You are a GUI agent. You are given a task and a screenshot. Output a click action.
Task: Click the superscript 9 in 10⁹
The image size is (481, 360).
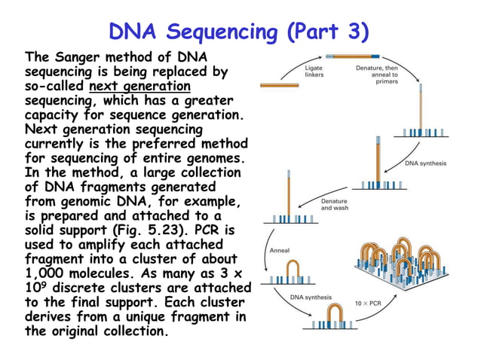[x=44, y=284]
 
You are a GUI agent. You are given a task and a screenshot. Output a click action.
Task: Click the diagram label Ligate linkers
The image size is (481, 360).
[x=314, y=72]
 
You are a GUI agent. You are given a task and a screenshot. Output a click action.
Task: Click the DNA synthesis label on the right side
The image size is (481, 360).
[x=426, y=163]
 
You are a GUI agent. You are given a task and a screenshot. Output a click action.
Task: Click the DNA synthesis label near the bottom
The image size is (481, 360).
[x=311, y=297]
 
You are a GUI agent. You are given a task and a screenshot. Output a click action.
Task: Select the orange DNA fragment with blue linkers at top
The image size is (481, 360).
[x=353, y=56]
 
